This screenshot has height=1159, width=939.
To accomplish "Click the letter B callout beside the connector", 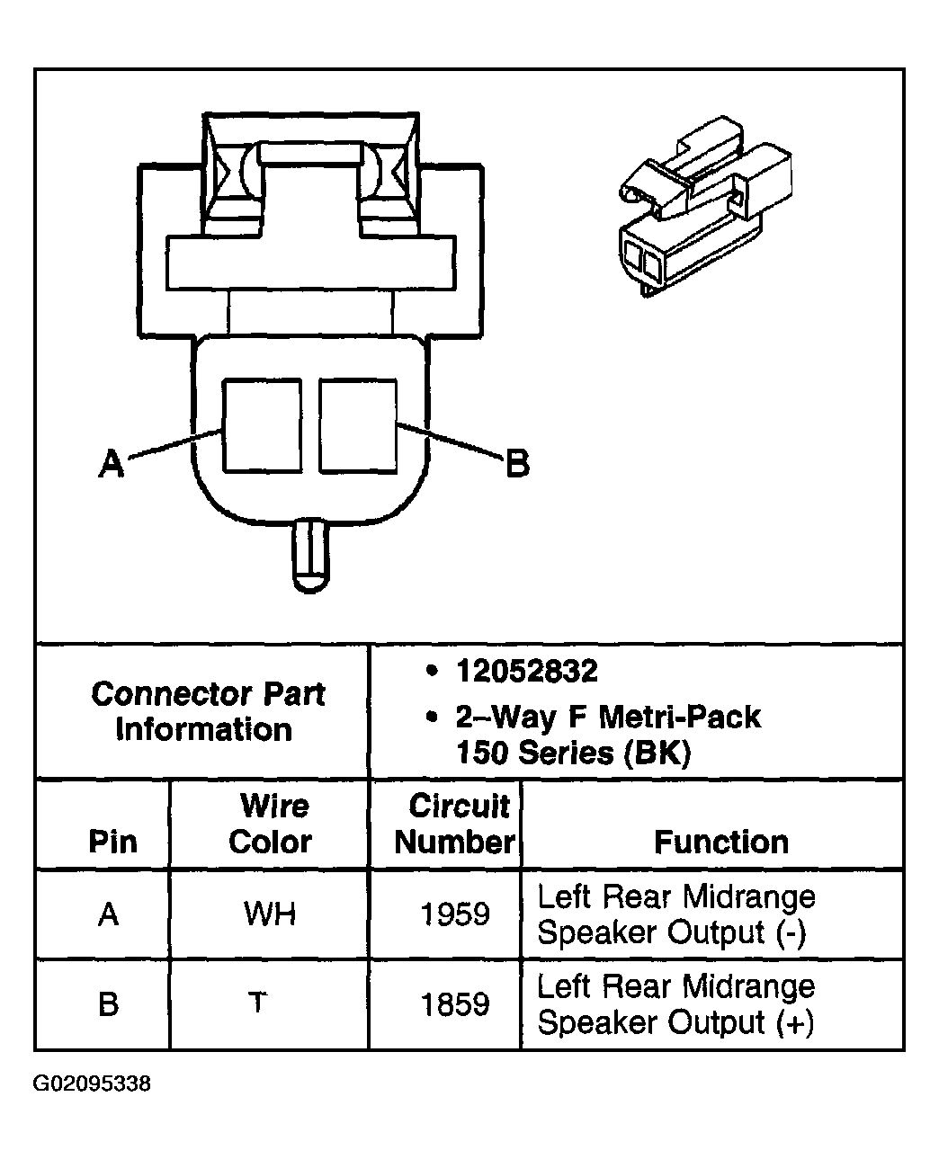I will pos(517,464).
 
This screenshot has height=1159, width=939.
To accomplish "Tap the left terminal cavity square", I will pos(262,424).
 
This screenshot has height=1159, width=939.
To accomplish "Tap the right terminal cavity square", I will pos(357,424).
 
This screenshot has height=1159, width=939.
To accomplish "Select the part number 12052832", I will pos(526,671).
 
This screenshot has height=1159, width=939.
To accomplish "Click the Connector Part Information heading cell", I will pos(207,711).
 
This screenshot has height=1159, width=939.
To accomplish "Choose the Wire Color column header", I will pos(270,824).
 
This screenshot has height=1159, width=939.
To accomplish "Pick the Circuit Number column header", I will pos(454,824).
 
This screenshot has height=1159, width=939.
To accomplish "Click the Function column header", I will pos(720,842).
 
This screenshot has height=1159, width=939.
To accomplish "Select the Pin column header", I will pos(112,842).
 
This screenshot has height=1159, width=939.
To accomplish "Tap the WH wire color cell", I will pos(270,914).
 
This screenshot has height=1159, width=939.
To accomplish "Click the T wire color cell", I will pos(258,1002).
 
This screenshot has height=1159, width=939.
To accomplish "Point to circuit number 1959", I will pos(455,914).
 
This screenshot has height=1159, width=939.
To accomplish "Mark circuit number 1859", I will pos(455,1003).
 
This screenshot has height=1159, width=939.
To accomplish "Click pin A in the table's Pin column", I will pos(108,914).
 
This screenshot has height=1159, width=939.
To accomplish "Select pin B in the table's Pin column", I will pos(108,1003).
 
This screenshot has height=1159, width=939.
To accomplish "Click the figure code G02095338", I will pos(92,1084).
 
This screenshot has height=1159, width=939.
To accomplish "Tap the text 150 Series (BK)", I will pos(573,752).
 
